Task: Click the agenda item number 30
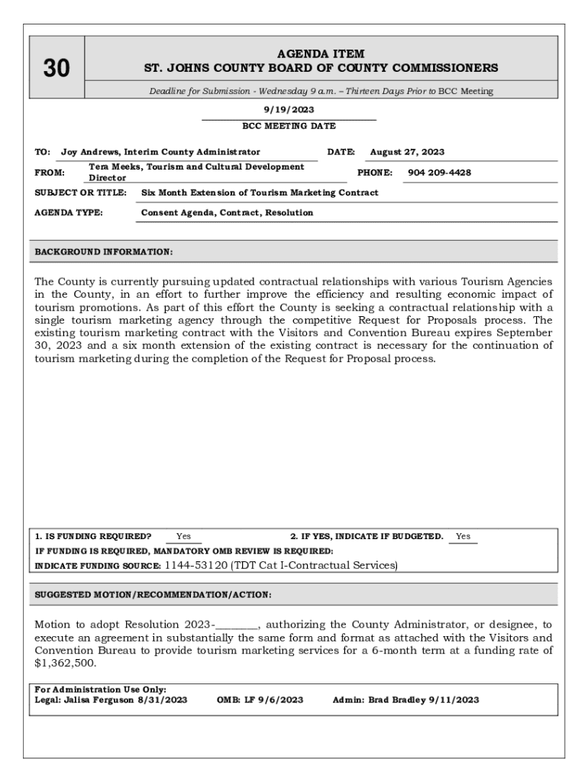56,69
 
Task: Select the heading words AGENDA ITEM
321,54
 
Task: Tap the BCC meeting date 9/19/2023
289,110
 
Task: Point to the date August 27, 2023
407,152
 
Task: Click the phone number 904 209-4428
439,173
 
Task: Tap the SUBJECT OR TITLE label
81,193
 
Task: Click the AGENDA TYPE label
69,213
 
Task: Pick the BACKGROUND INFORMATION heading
104,251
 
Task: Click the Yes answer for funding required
183,536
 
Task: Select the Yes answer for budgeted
463,536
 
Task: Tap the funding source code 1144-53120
196,566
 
